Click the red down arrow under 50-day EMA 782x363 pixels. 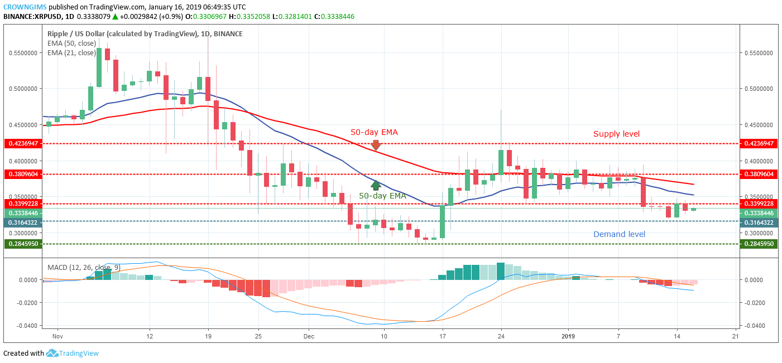point(376,145)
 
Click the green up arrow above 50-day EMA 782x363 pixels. point(376,185)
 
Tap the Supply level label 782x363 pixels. point(616,134)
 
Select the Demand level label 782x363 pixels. point(619,234)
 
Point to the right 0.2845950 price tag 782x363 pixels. point(759,244)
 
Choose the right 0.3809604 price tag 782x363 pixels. point(759,174)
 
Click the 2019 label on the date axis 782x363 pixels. point(568,336)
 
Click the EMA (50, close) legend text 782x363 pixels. point(72,43)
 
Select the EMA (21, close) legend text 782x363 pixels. point(72,53)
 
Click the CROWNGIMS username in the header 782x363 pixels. point(25,7)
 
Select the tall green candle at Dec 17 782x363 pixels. point(443,222)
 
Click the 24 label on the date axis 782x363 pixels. point(501,336)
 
